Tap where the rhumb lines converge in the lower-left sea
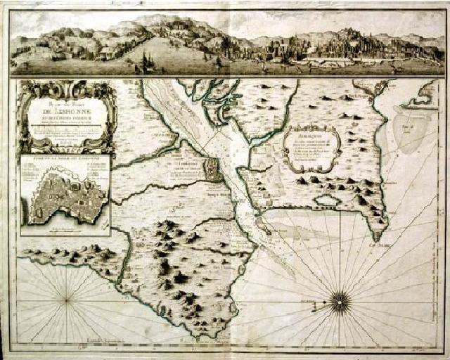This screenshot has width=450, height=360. coord(67,300)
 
